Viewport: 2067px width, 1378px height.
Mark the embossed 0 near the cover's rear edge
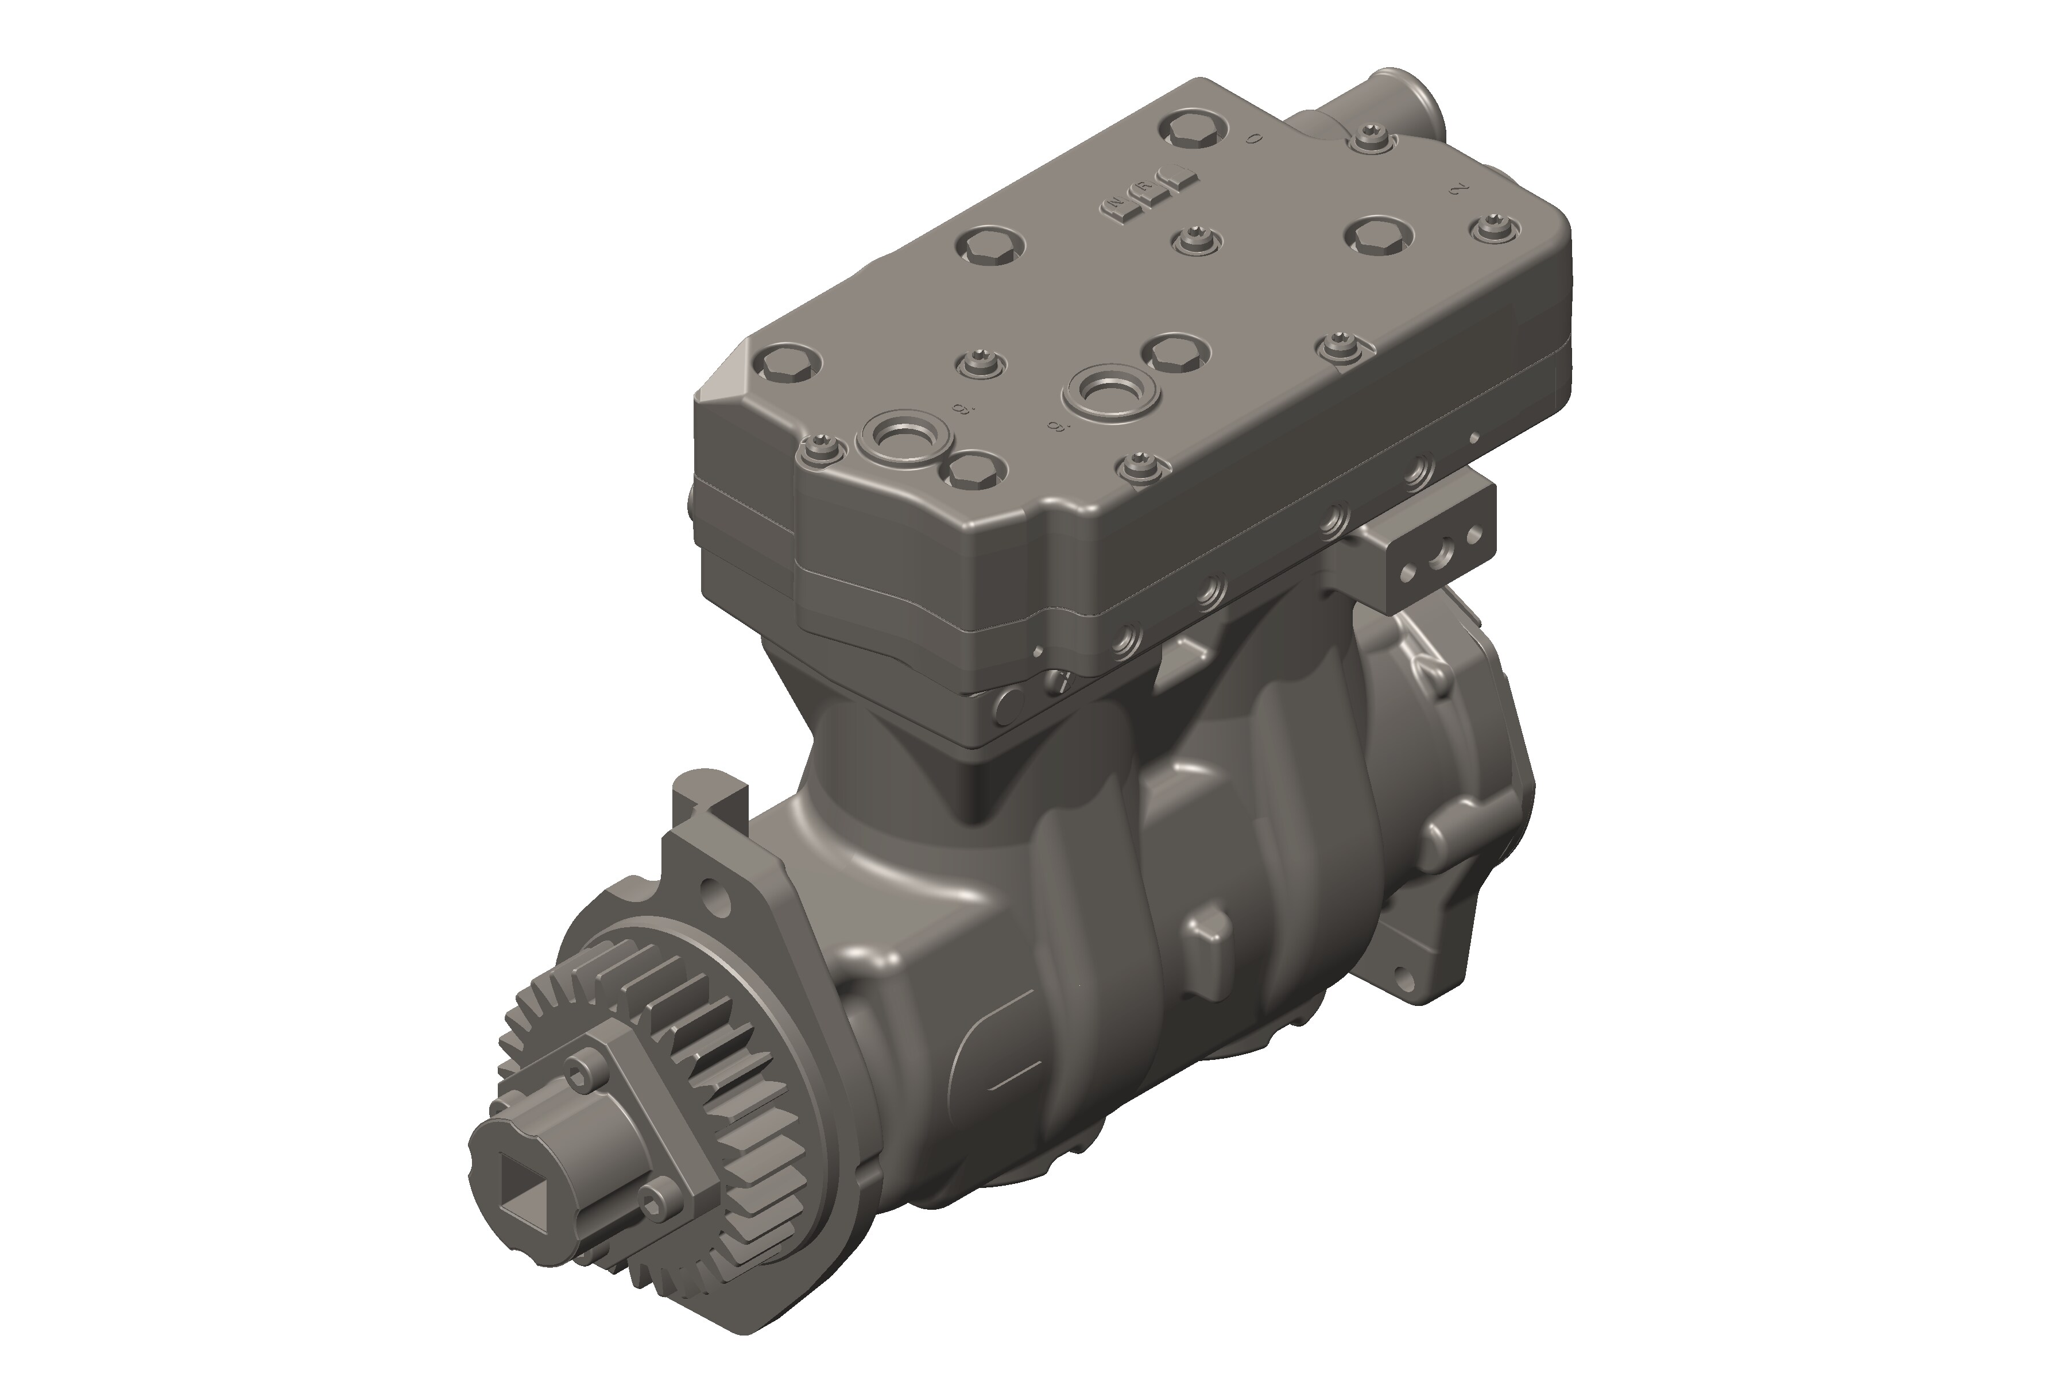(1255, 138)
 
